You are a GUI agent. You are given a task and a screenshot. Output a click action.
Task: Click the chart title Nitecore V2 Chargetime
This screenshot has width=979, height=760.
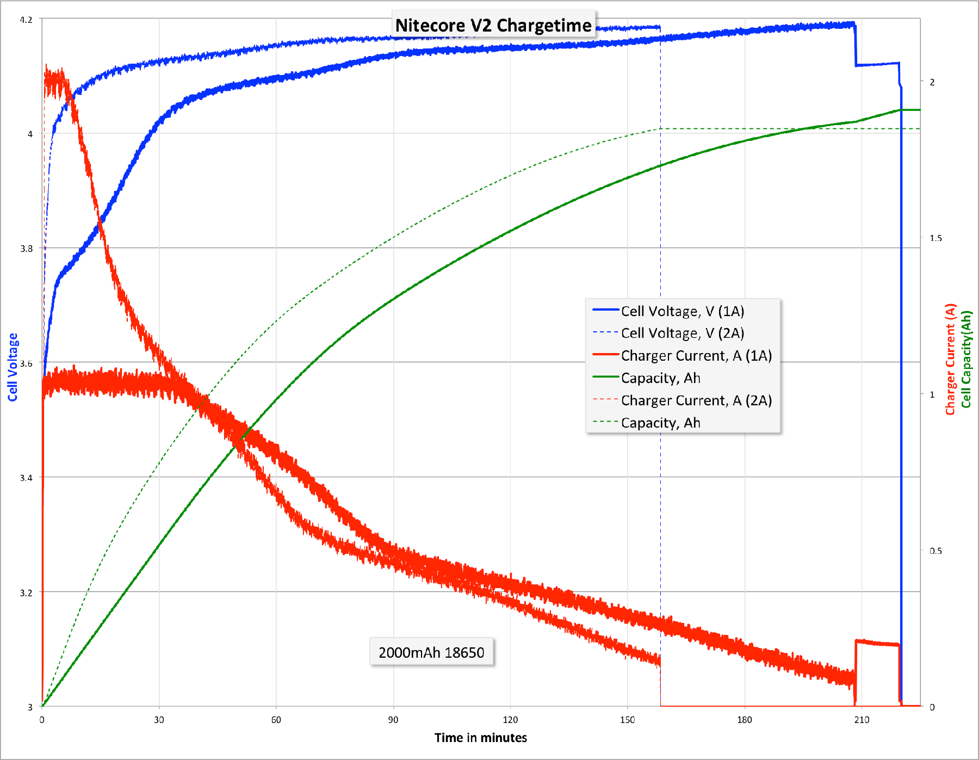tap(493, 25)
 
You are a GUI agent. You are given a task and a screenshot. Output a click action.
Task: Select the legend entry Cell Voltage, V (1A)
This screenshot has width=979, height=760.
tap(682, 311)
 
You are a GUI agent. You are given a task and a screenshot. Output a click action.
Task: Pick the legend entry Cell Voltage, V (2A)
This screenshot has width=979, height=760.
tap(682, 333)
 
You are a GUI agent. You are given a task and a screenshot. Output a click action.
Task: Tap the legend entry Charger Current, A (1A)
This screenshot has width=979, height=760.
tap(696, 356)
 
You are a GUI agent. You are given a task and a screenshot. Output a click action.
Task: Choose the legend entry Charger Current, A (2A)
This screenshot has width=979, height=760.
tap(696, 400)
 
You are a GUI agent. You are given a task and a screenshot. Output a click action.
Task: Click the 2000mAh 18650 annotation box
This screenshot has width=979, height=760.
tap(431, 652)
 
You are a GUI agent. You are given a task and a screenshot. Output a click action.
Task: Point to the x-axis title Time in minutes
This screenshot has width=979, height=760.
tap(481, 738)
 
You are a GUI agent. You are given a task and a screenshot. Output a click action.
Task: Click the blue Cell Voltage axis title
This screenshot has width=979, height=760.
tap(13, 367)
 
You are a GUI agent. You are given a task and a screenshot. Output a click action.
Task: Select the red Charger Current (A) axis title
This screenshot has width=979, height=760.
tap(950, 359)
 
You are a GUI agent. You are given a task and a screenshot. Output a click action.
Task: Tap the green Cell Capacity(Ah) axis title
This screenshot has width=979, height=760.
tap(966, 359)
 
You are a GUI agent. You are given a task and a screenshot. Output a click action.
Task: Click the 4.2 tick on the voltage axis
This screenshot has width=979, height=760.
tap(26, 20)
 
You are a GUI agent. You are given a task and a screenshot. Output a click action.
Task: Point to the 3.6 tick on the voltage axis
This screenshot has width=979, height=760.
tap(26, 363)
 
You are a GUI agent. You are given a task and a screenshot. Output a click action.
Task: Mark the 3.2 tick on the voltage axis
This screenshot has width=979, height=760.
tap(26, 592)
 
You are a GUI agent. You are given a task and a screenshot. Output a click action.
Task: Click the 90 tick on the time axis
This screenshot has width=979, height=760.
tap(393, 720)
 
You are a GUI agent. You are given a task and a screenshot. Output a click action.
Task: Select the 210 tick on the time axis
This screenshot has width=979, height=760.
tap(862, 720)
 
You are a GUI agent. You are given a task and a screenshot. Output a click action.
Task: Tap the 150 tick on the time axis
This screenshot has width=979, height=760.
tap(627, 720)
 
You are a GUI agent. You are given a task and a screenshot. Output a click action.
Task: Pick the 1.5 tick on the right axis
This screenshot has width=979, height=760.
tap(935, 238)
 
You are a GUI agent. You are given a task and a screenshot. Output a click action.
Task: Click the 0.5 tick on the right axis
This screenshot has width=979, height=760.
tap(935, 551)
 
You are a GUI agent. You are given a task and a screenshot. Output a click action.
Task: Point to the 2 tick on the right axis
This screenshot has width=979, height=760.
tap(932, 82)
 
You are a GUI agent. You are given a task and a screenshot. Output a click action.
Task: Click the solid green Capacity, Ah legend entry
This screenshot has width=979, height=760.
tap(660, 378)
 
